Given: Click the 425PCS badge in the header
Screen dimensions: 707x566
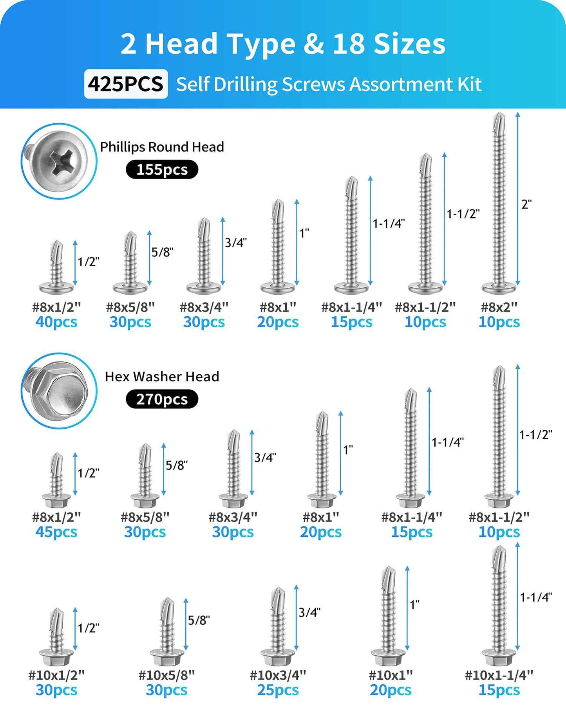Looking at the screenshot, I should (126, 84).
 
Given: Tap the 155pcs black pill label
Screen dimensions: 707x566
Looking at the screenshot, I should (162, 170).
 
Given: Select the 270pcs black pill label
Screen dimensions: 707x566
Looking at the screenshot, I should (162, 399).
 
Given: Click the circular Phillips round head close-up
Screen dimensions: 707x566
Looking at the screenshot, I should (59, 161).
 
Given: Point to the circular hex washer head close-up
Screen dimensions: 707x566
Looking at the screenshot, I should (59, 391).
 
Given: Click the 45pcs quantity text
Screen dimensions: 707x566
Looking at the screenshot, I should (56, 532).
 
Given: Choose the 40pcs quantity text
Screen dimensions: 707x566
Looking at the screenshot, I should (56, 322).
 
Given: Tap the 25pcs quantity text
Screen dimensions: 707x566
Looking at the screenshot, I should (278, 690).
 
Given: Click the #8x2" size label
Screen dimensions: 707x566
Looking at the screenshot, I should (499, 307).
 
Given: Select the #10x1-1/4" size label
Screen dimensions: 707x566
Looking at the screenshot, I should (499, 675).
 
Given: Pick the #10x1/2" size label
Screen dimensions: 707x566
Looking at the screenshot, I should (56, 675).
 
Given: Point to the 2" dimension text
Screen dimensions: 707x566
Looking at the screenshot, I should (526, 204).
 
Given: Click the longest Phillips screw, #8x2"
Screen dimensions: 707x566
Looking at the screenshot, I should (499, 204).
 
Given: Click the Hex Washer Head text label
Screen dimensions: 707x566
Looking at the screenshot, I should (162, 377).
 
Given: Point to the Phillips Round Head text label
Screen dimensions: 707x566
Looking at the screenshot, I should (162, 147).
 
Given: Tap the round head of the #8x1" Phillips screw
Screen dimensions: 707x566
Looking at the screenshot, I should (278, 288).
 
